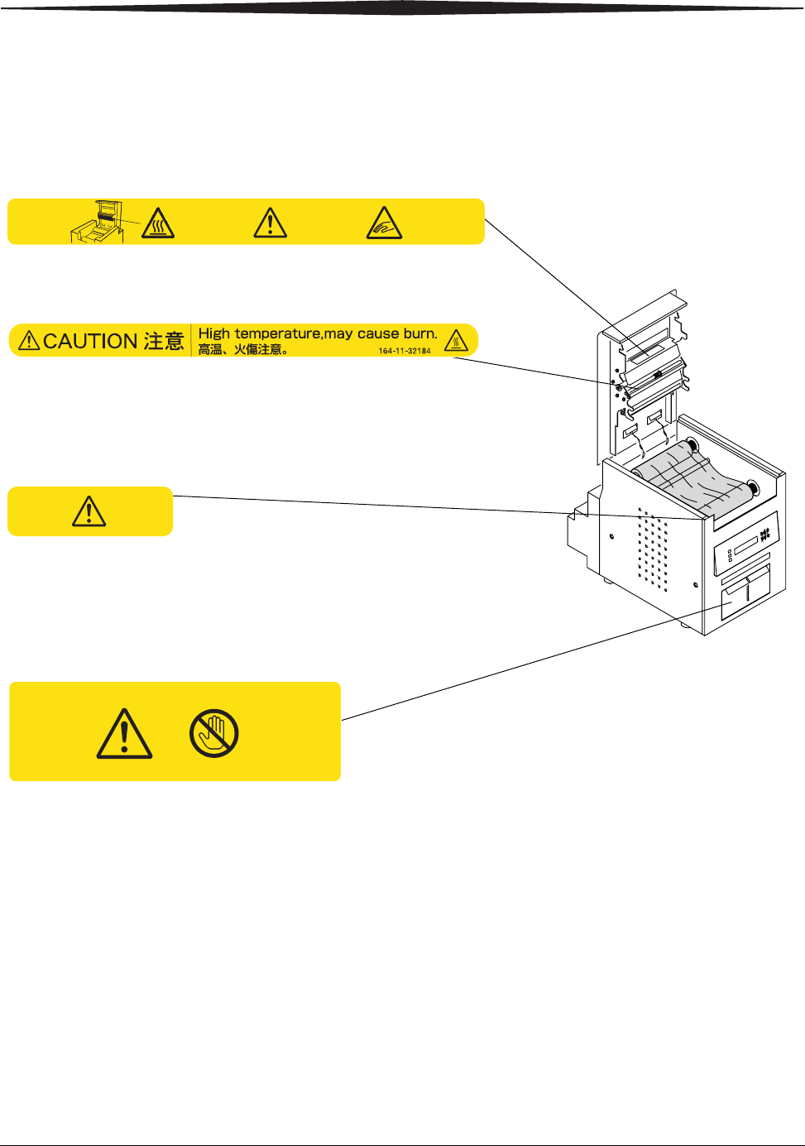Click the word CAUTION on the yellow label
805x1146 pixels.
[x=89, y=341]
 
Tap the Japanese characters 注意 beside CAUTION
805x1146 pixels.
[x=164, y=341]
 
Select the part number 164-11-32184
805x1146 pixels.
[x=405, y=351]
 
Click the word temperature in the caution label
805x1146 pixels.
[x=277, y=333]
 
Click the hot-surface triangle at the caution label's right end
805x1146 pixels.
[x=456, y=340]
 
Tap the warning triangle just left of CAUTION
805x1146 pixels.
[x=29, y=340]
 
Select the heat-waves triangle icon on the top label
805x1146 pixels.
[x=157, y=223]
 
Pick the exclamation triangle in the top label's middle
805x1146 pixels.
[x=270, y=223]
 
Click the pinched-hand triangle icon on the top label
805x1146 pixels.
[x=384, y=223]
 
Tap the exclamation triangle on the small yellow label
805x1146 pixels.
[x=89, y=511]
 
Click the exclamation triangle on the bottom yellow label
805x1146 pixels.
[x=124, y=734]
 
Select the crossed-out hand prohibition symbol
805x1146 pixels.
[x=213, y=733]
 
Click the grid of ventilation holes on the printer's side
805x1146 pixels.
[x=654, y=549]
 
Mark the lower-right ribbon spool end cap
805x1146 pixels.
[x=752, y=487]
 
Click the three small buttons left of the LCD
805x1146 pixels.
[x=729, y=556]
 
